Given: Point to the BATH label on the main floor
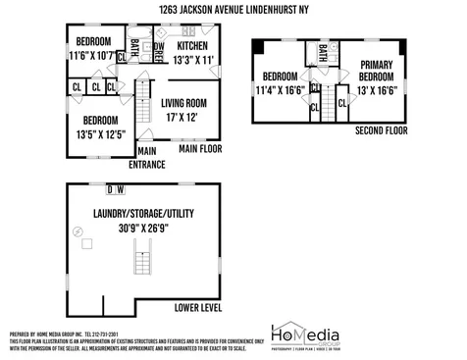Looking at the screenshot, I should (136, 46).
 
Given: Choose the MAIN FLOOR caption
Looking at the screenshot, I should (200, 150).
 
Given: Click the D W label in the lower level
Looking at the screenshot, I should (114, 189).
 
